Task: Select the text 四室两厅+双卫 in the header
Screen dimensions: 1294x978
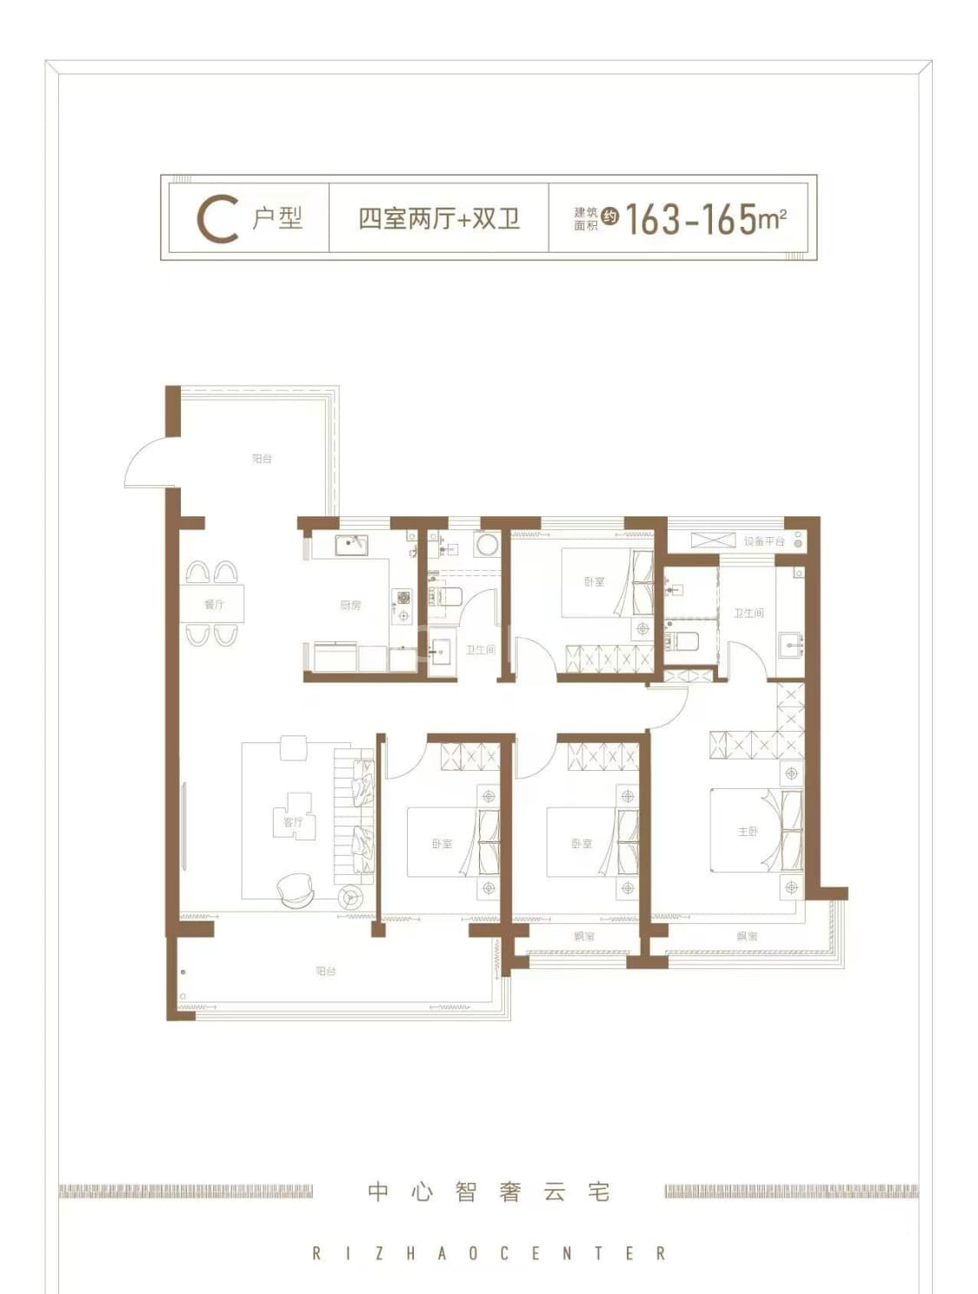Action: click(439, 218)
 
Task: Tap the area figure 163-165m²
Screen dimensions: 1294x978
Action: click(705, 219)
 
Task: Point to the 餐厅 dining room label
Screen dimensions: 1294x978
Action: click(214, 604)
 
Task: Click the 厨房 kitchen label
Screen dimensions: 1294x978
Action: click(350, 605)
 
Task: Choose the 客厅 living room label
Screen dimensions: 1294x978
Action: click(293, 821)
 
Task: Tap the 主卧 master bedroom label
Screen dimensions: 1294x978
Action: click(748, 831)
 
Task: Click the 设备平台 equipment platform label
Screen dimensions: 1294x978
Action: click(763, 541)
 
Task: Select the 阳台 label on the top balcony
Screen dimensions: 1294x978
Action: click(262, 458)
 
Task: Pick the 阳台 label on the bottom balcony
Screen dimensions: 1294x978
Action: click(325, 971)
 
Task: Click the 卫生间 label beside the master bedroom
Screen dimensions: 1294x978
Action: click(748, 613)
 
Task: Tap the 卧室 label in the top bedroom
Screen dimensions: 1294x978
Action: click(594, 581)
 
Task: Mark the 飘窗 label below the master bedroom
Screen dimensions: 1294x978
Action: click(747, 936)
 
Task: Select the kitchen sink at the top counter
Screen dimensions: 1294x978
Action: click(352, 545)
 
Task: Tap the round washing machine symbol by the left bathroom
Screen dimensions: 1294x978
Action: click(486, 545)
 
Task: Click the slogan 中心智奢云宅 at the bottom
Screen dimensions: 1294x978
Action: click(489, 1191)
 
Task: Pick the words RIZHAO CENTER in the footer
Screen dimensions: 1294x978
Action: click(489, 1253)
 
